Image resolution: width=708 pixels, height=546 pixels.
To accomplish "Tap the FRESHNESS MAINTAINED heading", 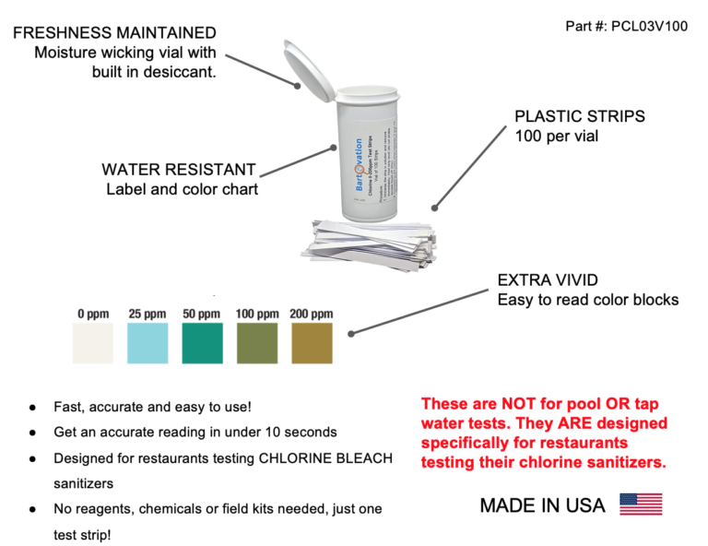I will click(115, 33).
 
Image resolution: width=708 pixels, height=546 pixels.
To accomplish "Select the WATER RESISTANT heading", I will click(179, 171).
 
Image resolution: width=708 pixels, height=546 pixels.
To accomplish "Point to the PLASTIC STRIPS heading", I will click(579, 117).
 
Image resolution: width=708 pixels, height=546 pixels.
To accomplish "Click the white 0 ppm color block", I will click(92, 342).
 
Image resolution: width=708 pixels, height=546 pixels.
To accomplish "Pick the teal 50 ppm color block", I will click(201, 342).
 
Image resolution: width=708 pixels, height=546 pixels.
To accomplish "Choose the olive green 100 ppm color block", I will click(256, 342).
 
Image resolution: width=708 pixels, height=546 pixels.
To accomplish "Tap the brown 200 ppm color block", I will click(312, 342).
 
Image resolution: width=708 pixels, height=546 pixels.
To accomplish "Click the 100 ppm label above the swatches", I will click(256, 315).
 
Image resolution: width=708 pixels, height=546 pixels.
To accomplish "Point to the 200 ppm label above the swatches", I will click(312, 315).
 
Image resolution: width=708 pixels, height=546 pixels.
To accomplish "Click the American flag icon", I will click(640, 504).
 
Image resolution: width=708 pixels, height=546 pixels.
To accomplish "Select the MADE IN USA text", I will click(542, 505).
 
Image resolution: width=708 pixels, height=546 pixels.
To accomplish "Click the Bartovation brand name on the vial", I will click(359, 165).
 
